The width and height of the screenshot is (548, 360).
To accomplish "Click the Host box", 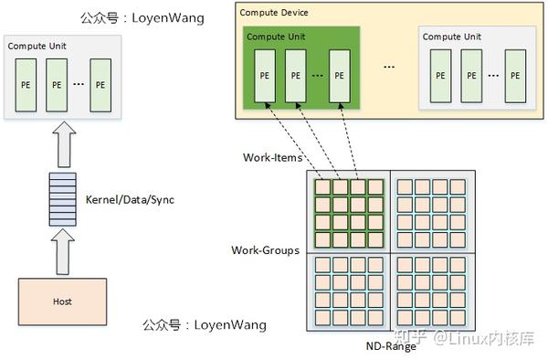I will point(62,301).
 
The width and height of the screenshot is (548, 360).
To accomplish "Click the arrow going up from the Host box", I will point(61,250).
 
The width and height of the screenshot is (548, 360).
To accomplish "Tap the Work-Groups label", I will point(265,250).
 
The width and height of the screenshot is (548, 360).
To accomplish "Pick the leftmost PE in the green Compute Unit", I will point(264,76).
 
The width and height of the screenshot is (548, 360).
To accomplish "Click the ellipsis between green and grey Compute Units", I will point(390,68).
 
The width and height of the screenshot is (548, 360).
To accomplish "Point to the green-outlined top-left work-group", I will point(351,212).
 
